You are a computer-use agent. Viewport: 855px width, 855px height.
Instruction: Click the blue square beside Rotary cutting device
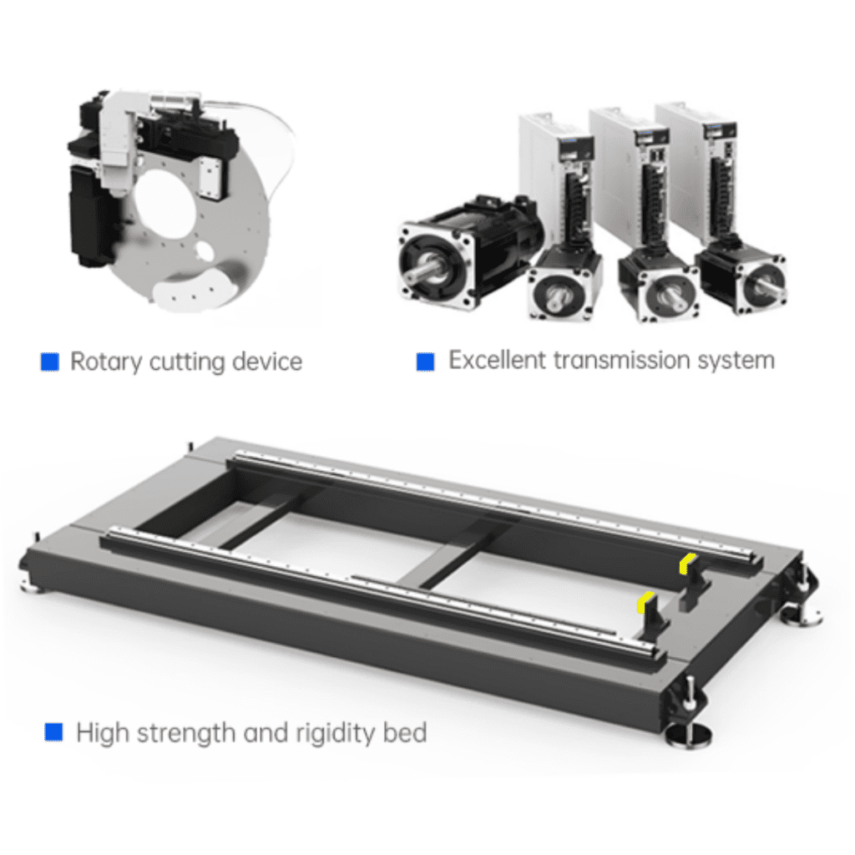tap(49, 362)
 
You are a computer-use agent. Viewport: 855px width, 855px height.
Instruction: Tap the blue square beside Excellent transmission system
tap(425, 362)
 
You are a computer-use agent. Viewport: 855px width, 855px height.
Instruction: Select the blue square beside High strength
tap(53, 731)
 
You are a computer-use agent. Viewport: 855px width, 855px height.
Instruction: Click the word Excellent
tap(497, 360)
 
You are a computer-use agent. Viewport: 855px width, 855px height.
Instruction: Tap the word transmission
tap(621, 360)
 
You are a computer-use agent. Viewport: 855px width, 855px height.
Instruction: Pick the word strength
tap(186, 733)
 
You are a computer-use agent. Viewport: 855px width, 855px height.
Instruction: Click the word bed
tap(405, 731)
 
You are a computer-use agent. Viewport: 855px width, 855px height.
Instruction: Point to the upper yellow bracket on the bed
tap(687, 563)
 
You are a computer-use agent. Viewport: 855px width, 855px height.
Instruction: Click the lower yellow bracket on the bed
tap(645, 601)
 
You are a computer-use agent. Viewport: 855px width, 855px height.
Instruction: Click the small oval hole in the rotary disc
tap(205, 251)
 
